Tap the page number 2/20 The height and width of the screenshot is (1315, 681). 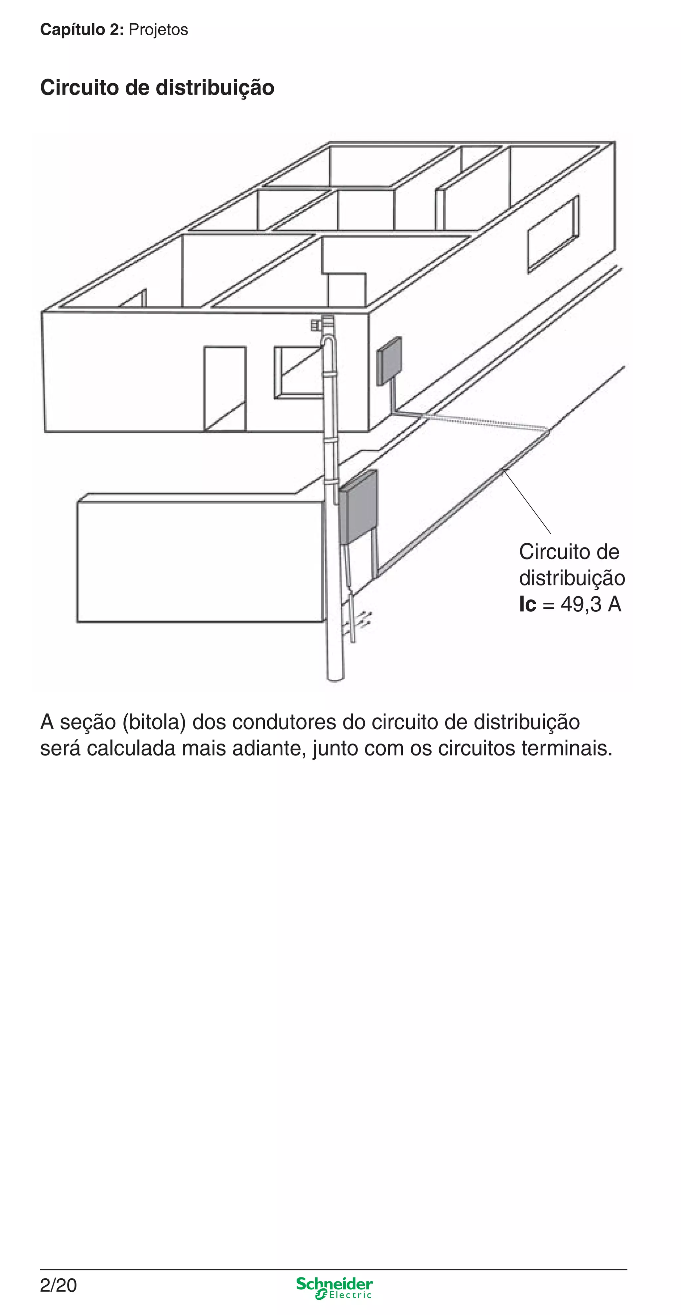click(x=58, y=1285)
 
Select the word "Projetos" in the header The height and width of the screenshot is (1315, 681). click(x=158, y=30)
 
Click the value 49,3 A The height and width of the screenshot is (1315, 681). click(x=591, y=604)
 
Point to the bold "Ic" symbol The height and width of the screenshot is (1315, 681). click(x=527, y=604)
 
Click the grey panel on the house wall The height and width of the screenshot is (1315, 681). click(x=389, y=361)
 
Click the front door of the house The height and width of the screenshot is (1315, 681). click(x=225, y=389)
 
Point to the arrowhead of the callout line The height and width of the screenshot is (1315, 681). click(x=503, y=471)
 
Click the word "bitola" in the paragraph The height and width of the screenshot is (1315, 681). click(x=154, y=722)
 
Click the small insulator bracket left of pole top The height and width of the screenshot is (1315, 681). click(x=315, y=325)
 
